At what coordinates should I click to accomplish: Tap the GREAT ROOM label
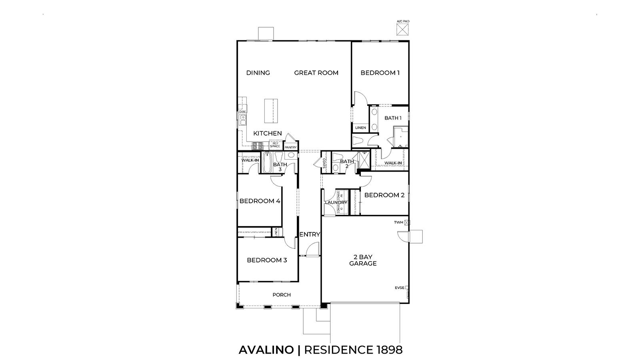pyautogui.click(x=316, y=73)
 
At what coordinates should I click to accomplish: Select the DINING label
pyautogui.click(x=258, y=73)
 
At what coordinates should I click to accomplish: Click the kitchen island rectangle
pyautogui.click(x=270, y=111)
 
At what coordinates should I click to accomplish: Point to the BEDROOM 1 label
pyautogui.click(x=380, y=73)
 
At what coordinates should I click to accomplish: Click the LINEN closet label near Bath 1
pyautogui.click(x=360, y=128)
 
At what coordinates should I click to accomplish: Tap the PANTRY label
pyautogui.click(x=290, y=147)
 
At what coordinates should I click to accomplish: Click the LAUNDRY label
pyautogui.click(x=336, y=203)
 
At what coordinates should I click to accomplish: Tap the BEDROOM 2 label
pyautogui.click(x=384, y=195)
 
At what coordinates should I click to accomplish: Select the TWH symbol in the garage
pyautogui.click(x=407, y=222)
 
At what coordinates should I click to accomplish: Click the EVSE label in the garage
pyautogui.click(x=400, y=288)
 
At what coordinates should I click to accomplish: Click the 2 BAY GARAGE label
pyautogui.click(x=363, y=260)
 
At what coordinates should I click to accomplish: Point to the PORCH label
pyautogui.click(x=282, y=295)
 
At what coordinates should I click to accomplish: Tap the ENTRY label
pyautogui.click(x=310, y=234)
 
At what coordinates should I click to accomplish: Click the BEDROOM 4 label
pyautogui.click(x=260, y=201)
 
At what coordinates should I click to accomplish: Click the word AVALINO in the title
pyautogui.click(x=266, y=350)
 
